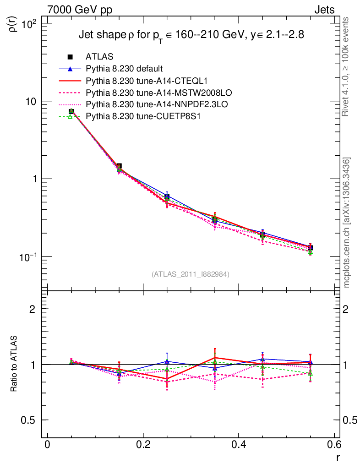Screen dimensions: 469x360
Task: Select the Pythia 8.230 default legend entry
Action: click(124, 69)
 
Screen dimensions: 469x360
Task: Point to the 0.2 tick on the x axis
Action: click(143, 445)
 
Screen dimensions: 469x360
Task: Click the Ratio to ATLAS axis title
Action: click(14, 364)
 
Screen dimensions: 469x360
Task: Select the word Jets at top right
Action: click(324, 9)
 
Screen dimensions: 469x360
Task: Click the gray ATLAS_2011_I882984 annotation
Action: click(190, 274)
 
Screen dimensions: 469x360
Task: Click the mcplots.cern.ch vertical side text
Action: click(347, 222)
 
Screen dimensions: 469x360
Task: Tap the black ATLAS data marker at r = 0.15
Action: click(119, 167)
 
